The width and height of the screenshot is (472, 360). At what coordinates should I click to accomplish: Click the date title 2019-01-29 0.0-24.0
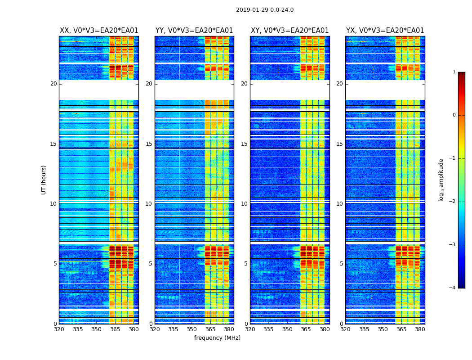coord(265,10)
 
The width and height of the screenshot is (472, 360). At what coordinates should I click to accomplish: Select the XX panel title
coord(99,31)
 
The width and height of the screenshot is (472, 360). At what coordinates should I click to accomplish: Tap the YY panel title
coord(194,31)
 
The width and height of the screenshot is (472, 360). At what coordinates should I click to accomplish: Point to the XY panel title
coord(290,31)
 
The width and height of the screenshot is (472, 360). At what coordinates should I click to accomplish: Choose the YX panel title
coord(385,31)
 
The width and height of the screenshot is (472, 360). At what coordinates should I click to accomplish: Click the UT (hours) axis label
coord(44,180)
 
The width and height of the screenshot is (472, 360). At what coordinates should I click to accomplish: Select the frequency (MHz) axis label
coord(217,338)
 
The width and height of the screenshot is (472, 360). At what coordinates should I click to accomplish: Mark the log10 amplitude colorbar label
coord(441,180)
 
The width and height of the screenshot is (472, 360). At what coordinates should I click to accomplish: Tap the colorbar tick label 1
coord(454,72)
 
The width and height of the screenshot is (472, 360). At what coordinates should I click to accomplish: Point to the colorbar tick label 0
coord(454,115)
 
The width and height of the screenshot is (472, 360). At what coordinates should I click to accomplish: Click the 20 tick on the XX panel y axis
coord(53,84)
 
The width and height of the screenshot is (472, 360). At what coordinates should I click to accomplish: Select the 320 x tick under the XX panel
coord(59,329)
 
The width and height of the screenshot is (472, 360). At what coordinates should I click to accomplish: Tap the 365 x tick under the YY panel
coord(210,329)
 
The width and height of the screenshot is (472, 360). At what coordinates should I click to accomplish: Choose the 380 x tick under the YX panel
coord(420,329)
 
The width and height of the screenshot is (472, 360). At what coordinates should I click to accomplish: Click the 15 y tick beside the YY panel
coord(149,144)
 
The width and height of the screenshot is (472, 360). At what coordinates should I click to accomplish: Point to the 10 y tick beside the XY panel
coord(244,204)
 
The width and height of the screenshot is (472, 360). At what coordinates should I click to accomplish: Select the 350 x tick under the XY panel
coord(287,329)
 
